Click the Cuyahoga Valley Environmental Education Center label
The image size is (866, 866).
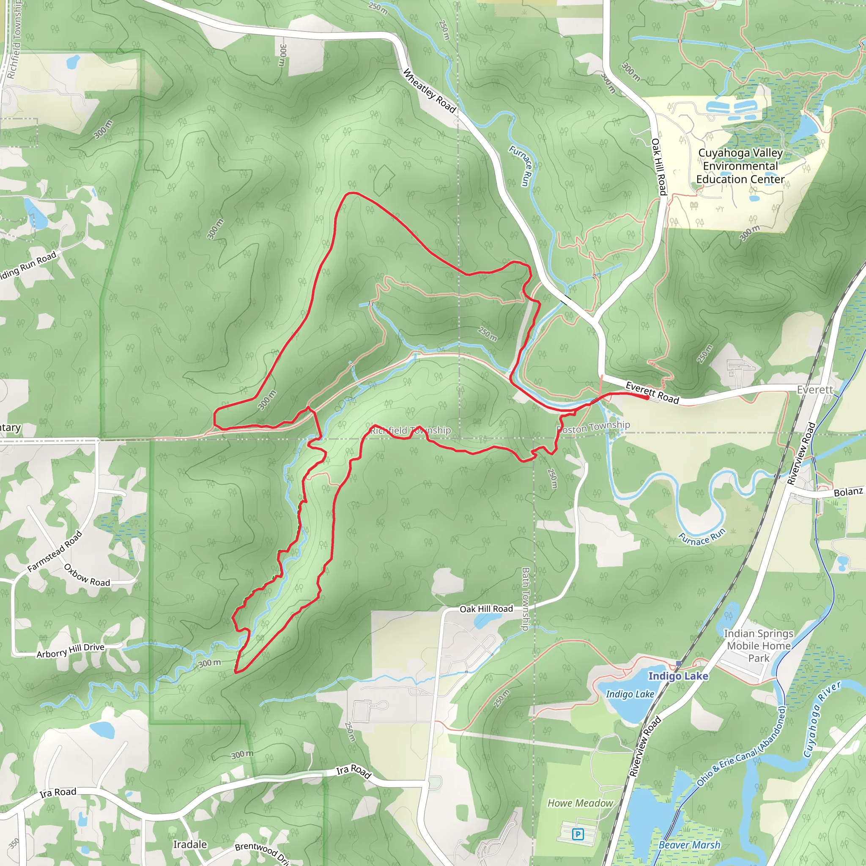[x=740, y=166]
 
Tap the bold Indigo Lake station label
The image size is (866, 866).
[x=678, y=676]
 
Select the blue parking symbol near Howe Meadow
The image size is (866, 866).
[x=578, y=834]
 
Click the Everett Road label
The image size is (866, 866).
[x=652, y=393]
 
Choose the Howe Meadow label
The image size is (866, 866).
[x=580, y=803]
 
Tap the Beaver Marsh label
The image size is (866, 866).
[x=689, y=844]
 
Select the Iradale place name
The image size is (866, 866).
[x=190, y=844]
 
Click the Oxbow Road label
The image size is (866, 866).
[x=87, y=575]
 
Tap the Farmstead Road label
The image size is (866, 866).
[x=55, y=551]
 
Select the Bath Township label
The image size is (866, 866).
[x=526, y=599]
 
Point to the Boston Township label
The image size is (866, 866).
[x=593, y=427]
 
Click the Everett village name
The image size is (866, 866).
[x=814, y=389]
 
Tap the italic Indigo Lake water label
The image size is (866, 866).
[x=630, y=694]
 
